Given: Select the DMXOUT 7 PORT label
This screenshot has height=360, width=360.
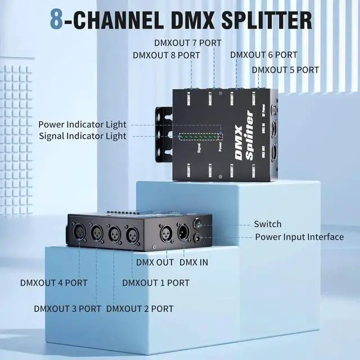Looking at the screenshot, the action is click(x=188, y=43).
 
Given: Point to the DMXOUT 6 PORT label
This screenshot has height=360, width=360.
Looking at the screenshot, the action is click(x=263, y=55).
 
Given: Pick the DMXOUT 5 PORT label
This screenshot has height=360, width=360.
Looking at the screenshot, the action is click(x=285, y=70).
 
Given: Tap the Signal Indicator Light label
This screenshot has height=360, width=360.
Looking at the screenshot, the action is click(x=83, y=136).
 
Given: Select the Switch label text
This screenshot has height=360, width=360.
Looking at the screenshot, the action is click(x=268, y=224).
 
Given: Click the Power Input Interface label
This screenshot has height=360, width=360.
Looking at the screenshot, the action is click(x=299, y=237).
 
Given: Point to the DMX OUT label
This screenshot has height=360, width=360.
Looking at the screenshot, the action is click(x=155, y=262).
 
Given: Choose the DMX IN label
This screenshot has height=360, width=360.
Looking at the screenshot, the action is click(x=193, y=262).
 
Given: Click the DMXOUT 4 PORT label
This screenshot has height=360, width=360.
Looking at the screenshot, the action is click(x=54, y=282).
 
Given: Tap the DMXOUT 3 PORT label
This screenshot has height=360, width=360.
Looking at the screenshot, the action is click(x=67, y=308).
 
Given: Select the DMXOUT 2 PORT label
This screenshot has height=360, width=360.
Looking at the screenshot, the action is click(x=139, y=308).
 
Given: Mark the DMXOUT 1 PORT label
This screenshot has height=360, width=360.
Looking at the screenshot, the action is click(x=156, y=282).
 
